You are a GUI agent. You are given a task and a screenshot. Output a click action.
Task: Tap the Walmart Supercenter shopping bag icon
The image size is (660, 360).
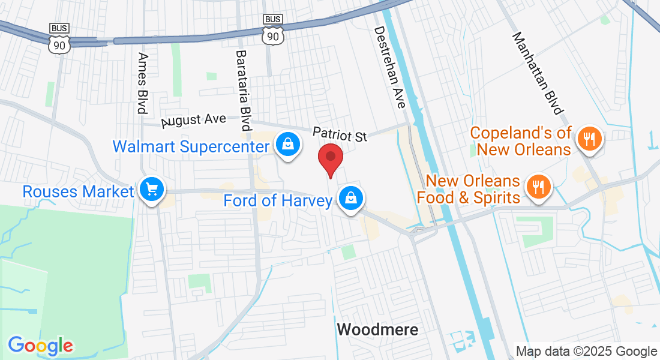click(x=288, y=144)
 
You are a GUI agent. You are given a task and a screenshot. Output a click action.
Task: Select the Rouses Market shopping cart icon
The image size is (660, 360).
click(x=152, y=190)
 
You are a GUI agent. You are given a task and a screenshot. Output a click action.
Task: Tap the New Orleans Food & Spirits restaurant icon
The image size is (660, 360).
click(x=538, y=186)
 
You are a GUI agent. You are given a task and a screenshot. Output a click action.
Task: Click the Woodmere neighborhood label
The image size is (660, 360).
click(x=377, y=329)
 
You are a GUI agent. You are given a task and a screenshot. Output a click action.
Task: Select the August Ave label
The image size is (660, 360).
click(x=194, y=121)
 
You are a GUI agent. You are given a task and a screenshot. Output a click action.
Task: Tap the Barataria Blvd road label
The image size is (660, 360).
click(x=243, y=90)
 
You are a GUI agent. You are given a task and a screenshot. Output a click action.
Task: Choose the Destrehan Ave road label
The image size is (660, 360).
click(x=390, y=67)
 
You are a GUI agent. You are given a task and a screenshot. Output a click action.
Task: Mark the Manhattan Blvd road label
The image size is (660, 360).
click(x=538, y=73)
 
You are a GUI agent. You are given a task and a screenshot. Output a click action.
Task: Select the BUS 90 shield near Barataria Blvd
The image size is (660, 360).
click(x=273, y=29)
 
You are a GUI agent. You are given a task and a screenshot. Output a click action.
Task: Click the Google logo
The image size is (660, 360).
click(x=40, y=346)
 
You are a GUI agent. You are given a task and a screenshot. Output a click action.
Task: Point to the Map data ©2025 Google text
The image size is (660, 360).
click(x=586, y=352)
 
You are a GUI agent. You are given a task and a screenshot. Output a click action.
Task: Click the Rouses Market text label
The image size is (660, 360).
click(x=78, y=191)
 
